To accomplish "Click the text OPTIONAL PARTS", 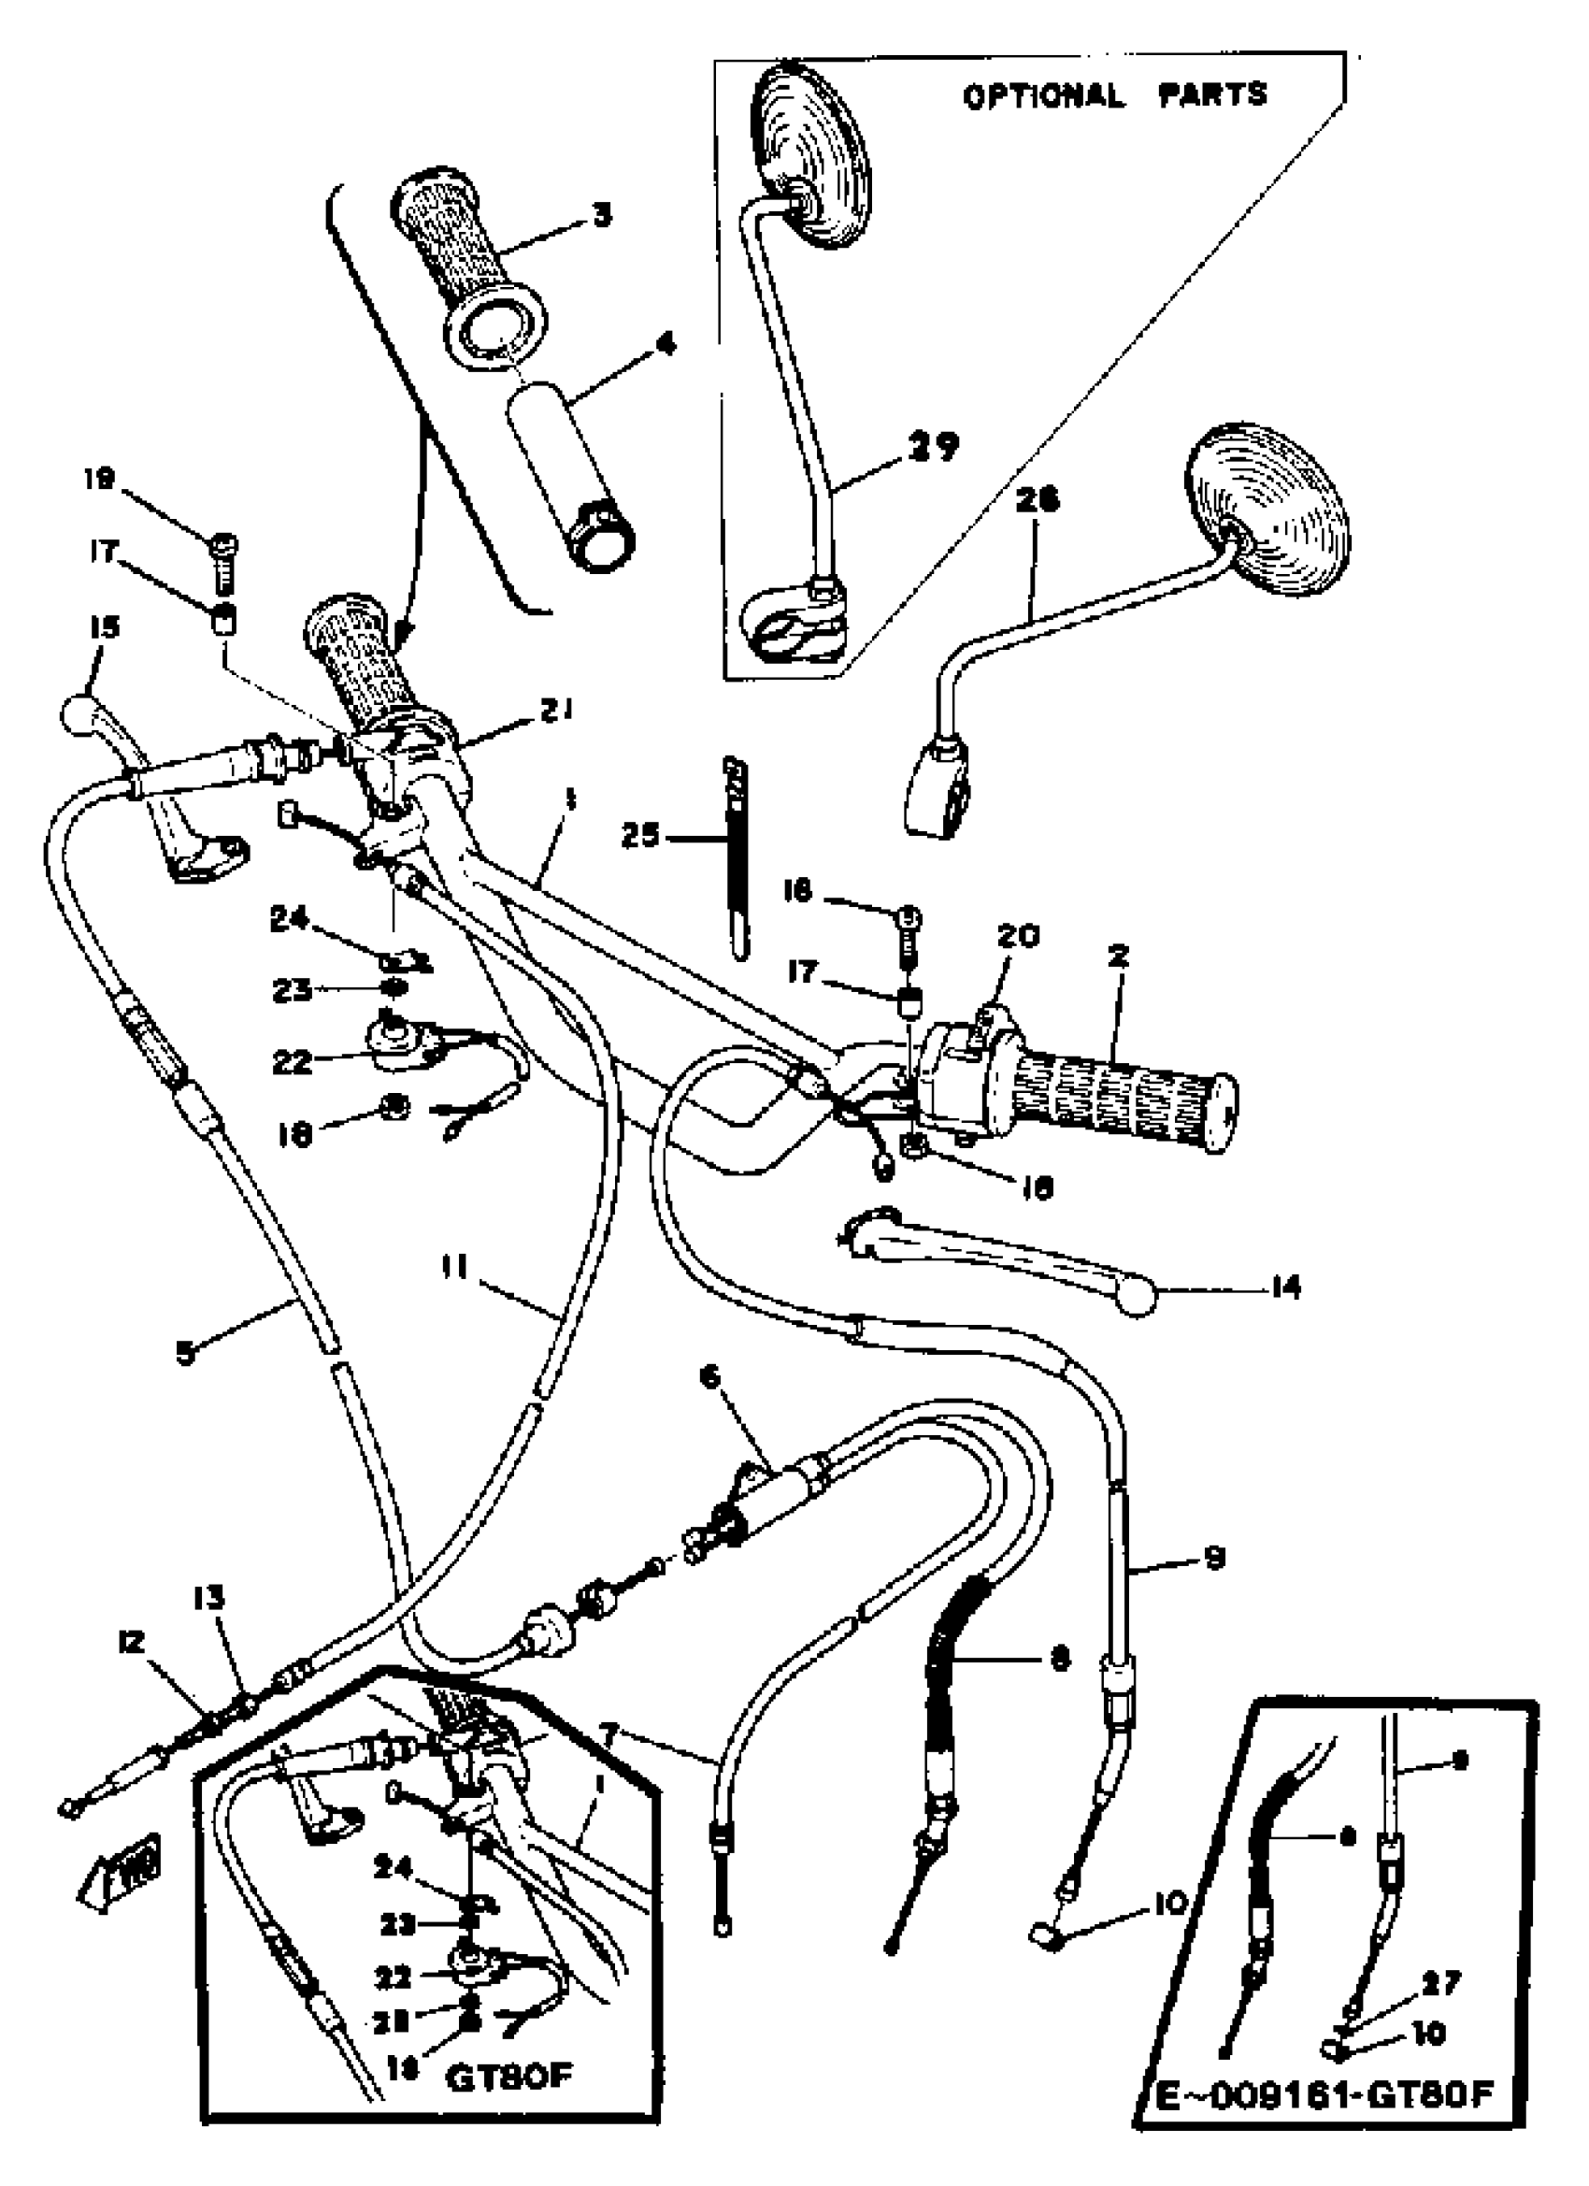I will (x=1115, y=95).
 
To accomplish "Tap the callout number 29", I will (x=933, y=446).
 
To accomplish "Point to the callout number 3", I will (x=602, y=213).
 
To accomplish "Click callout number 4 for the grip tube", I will (x=665, y=343).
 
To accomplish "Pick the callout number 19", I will (x=100, y=479).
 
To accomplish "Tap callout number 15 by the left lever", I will (x=104, y=627).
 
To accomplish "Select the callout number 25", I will (x=639, y=836).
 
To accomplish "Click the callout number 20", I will (x=1019, y=936).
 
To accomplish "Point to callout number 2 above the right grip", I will (x=1118, y=957).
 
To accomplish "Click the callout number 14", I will (x=1285, y=1287).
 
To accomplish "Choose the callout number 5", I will (x=185, y=1353).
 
